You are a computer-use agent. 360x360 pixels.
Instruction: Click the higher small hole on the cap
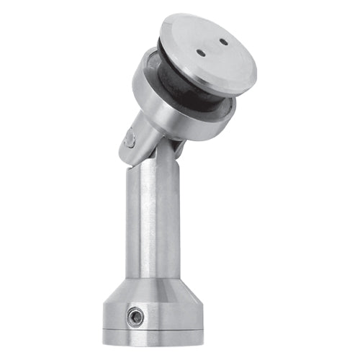(x=223, y=42)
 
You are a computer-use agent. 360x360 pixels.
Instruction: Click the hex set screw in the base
(x=133, y=315)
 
